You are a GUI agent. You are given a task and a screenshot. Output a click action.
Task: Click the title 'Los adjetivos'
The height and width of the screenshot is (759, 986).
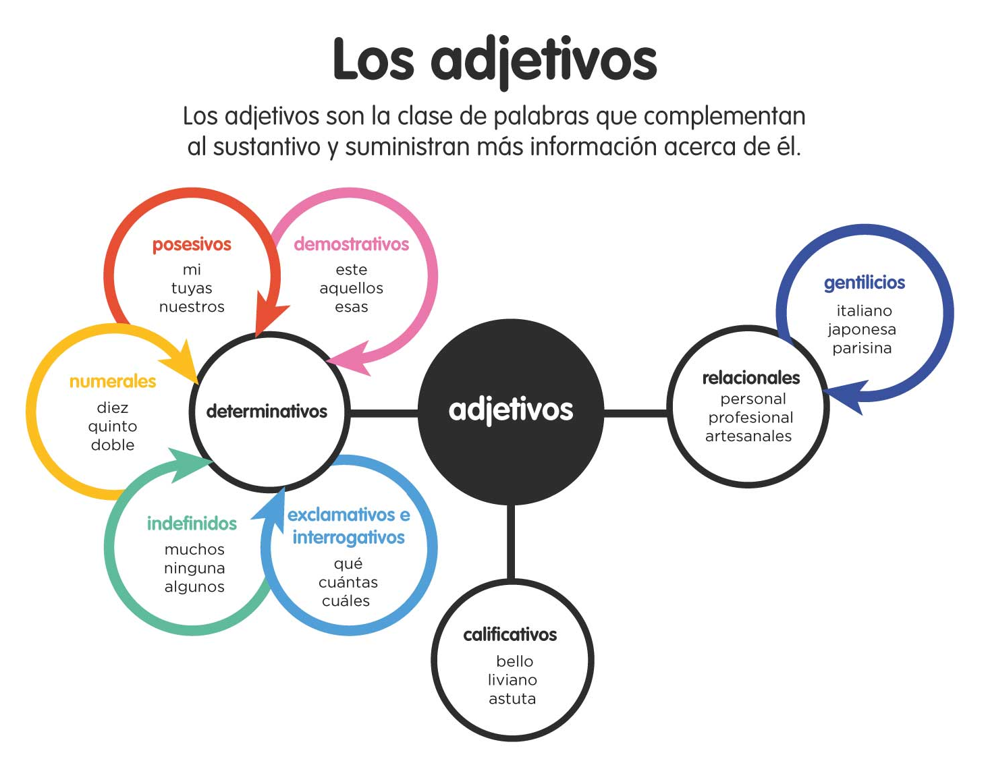[495, 61]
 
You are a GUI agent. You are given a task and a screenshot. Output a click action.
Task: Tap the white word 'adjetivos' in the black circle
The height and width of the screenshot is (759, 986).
[510, 410]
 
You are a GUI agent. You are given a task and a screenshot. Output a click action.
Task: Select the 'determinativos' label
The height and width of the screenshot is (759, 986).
[267, 412]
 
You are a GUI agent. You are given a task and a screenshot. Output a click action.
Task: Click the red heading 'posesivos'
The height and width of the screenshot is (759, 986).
[192, 245]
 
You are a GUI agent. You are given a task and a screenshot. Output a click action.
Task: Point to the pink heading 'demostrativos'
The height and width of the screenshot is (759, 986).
[351, 244]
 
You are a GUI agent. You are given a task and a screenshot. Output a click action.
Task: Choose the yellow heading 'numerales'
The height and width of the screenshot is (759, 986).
[113, 382]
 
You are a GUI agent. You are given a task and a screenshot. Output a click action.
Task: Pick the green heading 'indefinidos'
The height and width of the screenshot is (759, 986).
[192, 524]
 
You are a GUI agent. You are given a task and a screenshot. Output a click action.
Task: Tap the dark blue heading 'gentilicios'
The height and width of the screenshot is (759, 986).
[865, 283]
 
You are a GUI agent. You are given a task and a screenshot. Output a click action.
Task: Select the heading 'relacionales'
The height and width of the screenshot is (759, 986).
[751, 378]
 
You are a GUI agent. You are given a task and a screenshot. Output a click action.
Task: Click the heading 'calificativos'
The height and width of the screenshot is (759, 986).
[510, 635]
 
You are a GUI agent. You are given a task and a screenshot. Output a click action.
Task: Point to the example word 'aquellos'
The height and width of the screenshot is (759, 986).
[351, 288]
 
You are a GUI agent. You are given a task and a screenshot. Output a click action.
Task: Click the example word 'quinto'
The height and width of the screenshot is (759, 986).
[113, 427]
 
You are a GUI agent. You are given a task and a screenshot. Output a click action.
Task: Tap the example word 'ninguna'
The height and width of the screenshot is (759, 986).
[194, 569]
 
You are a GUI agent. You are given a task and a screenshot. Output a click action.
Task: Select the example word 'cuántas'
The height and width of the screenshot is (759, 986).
[348, 582]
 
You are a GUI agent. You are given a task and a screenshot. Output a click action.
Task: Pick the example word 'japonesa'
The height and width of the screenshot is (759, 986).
[862, 330]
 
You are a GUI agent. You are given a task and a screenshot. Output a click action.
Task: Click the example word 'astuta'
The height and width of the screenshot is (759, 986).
[512, 699]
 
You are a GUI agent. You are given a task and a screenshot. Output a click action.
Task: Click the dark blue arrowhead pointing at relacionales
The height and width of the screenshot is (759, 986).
[845, 396]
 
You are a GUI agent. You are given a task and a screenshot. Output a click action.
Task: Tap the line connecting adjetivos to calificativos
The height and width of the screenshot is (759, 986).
[511, 542]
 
